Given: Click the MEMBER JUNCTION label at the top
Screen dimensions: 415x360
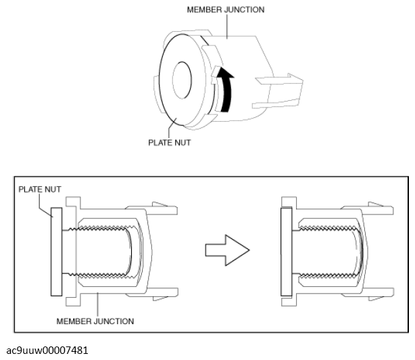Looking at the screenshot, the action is coord(226,9).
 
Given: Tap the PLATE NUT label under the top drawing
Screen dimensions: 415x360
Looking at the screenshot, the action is coord(170,143).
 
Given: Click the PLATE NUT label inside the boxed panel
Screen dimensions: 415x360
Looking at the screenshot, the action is coord(40,189).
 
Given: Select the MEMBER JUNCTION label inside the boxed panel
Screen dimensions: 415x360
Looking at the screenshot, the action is coord(95,321).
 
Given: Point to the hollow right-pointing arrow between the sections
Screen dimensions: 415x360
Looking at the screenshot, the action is coord(227,250).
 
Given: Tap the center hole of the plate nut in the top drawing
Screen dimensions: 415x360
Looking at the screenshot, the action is coord(182,81).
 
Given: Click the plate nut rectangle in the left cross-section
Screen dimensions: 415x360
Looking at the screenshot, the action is coord(56,252).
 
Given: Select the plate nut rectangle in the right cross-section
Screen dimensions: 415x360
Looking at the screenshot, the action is coord(286,252).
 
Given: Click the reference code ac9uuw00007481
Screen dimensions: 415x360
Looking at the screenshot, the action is coord(47,351).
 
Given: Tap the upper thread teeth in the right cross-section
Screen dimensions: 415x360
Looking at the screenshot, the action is coord(328,228).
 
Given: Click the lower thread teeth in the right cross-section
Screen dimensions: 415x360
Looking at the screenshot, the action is coord(328,276).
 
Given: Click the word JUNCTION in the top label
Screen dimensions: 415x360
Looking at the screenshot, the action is coord(244,9).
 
